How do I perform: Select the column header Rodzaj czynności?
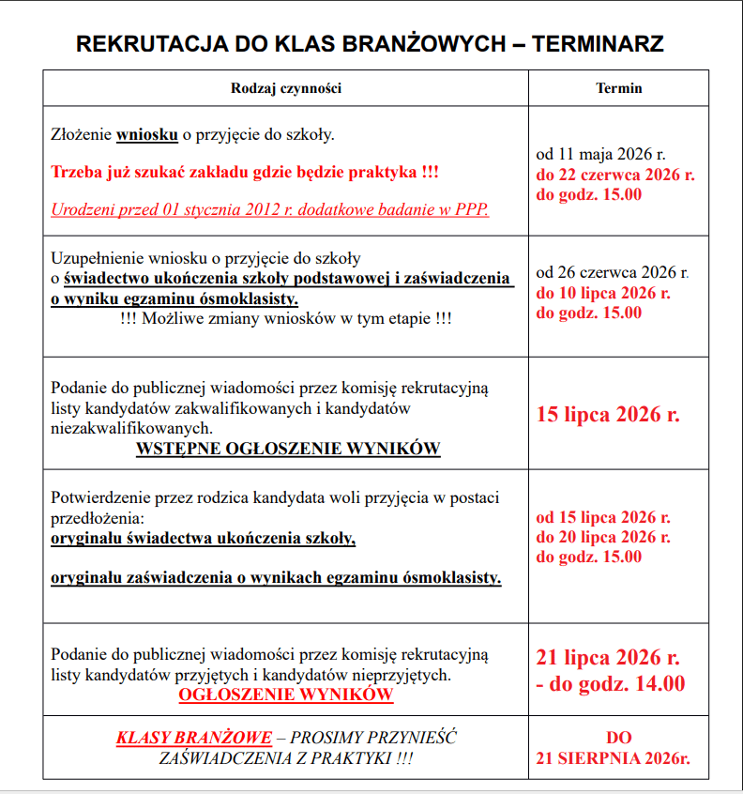(285, 88)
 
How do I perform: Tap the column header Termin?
(619, 88)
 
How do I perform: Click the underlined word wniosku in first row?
(147, 135)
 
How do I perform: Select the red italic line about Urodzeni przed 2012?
(269, 209)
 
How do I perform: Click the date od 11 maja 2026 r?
(601, 155)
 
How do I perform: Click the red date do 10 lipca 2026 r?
(603, 293)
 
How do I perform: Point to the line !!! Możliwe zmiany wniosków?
(286, 319)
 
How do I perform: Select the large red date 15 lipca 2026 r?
(608, 414)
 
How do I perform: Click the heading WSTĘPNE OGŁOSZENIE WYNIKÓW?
(288, 449)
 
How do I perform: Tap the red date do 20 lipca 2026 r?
(603, 537)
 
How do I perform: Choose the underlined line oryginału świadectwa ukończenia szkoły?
(203, 539)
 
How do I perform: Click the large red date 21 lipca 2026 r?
(608, 657)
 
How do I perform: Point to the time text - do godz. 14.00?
(610, 683)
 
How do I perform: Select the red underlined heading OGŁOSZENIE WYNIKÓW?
(286, 695)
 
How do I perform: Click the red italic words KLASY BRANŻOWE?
(194, 738)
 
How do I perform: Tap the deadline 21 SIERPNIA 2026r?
(613, 758)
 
